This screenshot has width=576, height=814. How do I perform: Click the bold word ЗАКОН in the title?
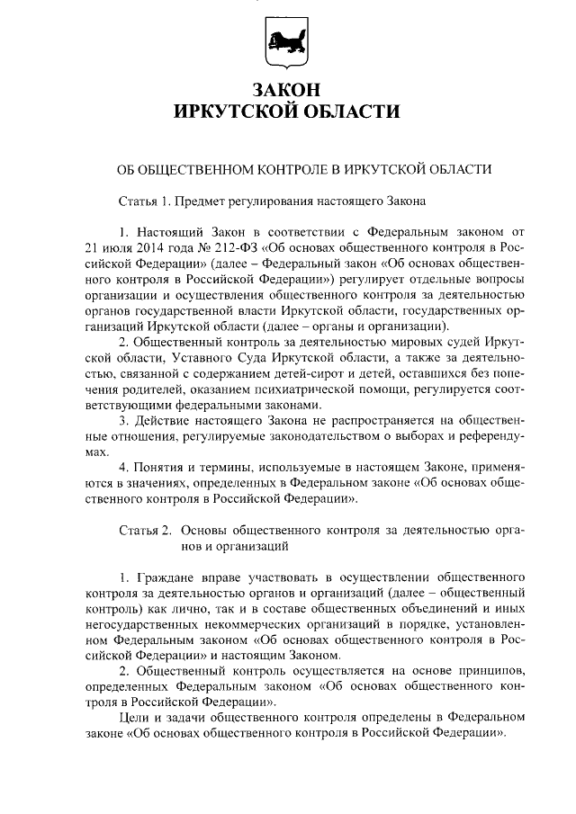[x=287, y=90]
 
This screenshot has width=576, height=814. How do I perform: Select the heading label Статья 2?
[x=145, y=531]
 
